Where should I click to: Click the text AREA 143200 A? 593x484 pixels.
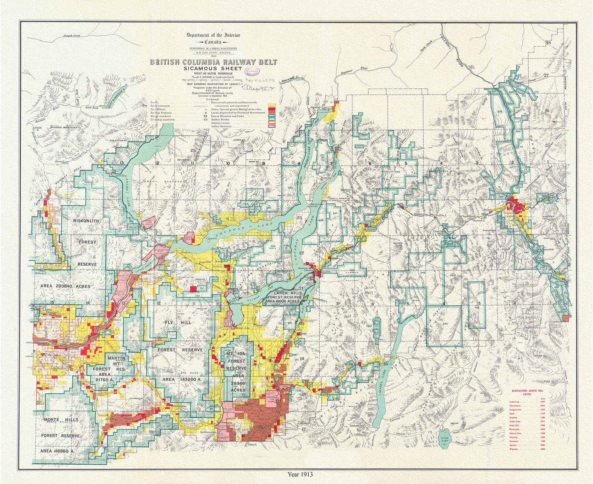(x=181, y=380)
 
